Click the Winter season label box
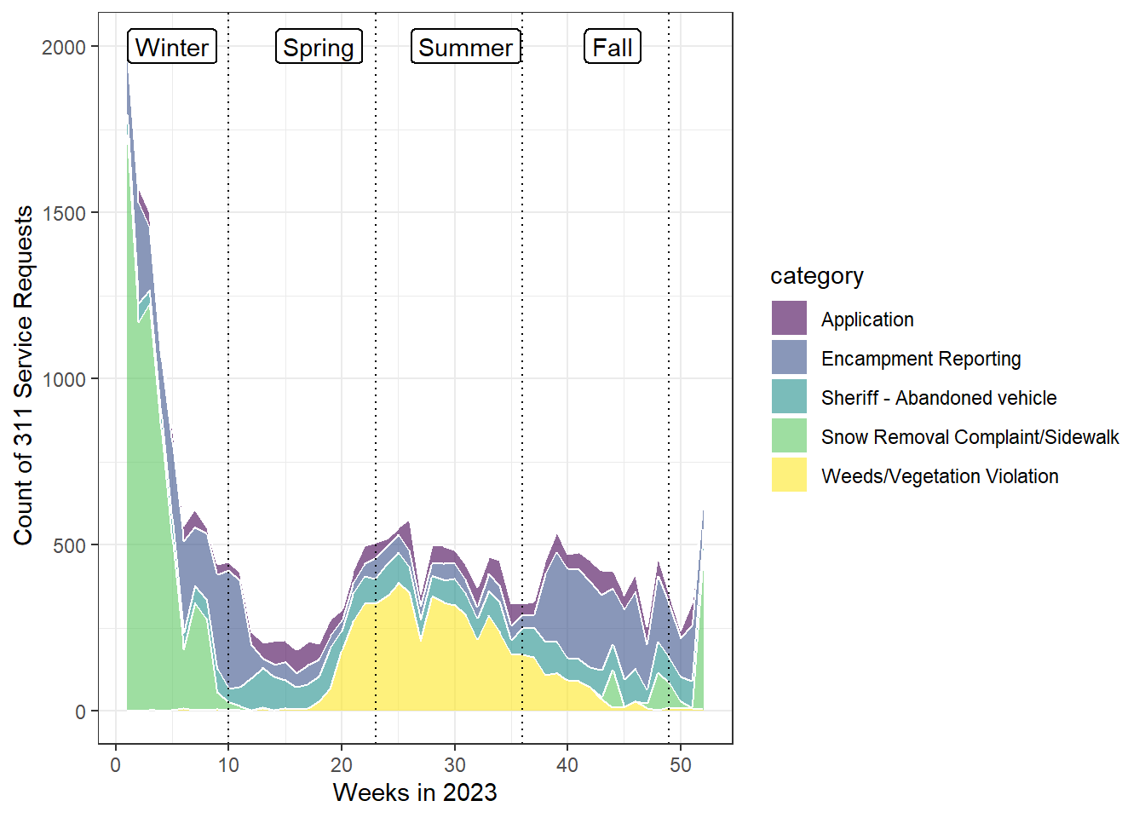pyautogui.click(x=172, y=47)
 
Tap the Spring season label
pyautogui.click(x=319, y=47)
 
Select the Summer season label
pyautogui.click(x=465, y=47)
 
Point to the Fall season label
pyautogui.click(x=613, y=47)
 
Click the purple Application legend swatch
pyautogui.click(x=789, y=319)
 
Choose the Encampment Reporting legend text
pyautogui.click(x=921, y=359)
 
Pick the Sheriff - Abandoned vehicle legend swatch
pyautogui.click(x=789, y=397)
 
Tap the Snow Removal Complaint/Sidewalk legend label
pyautogui.click(x=970, y=437)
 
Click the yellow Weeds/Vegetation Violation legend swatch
pyautogui.click(x=789, y=475)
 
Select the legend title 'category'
pyautogui.click(x=816, y=276)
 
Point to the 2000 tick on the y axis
pyautogui.click(x=64, y=47)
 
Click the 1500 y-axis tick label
pyautogui.click(x=64, y=213)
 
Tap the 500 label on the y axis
pyautogui.click(x=69, y=545)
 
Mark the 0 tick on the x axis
pyautogui.click(x=116, y=765)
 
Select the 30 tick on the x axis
pyautogui.click(x=454, y=765)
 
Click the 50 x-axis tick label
pyautogui.click(x=680, y=765)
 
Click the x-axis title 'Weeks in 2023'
pyautogui.click(x=415, y=792)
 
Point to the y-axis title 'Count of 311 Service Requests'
pyautogui.click(x=23, y=375)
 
